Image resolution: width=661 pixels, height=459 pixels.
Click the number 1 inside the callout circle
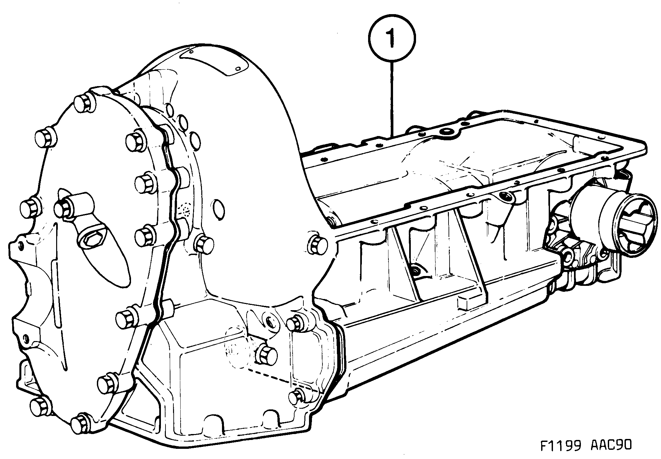coord(391,38)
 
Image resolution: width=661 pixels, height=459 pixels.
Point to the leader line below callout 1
coord(392,99)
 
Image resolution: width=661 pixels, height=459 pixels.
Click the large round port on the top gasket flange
coord(447,132)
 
